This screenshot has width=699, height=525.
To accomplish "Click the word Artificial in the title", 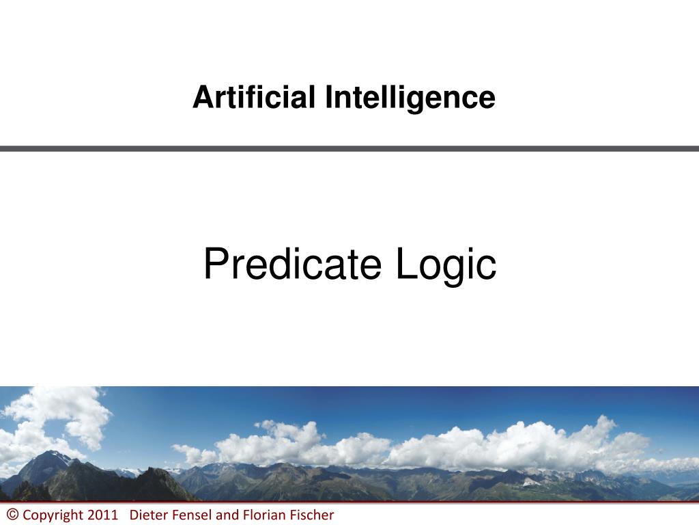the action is [x=254, y=97].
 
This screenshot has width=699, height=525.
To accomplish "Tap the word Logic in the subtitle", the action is [x=446, y=266].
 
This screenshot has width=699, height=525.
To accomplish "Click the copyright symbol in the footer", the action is [x=12, y=514].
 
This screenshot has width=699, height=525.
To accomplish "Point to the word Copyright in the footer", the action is [x=53, y=515].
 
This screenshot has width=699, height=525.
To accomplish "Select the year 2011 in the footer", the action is [x=102, y=515].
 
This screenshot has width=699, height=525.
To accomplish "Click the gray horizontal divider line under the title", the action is [x=349, y=148].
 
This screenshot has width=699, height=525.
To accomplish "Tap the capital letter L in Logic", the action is [x=407, y=263].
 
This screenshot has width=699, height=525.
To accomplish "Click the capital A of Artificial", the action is [x=203, y=97].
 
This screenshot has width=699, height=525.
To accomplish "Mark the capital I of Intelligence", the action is [x=328, y=97].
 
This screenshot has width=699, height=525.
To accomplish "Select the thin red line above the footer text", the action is [x=349, y=502].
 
